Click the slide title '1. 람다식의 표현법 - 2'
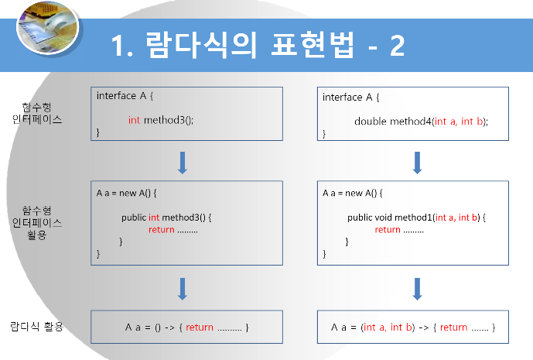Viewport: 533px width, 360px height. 258,46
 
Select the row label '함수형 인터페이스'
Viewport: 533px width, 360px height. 37,113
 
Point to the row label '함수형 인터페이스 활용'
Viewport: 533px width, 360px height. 38,221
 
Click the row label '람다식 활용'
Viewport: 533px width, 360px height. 36,326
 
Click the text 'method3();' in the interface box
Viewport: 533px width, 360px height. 168,120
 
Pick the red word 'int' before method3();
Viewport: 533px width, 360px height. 134,120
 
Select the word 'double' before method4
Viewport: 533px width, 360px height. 370,121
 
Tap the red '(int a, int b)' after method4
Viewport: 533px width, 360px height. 460,121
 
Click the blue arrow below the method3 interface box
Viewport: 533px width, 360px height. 183,163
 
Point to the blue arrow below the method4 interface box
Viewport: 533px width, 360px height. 417,163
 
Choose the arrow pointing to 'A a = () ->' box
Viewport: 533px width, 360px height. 183,288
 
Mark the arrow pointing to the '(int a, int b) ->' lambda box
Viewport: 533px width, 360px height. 417,288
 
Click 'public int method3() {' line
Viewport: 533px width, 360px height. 166,217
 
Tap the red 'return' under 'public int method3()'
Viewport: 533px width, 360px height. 161,229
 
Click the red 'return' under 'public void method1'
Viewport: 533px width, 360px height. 388,229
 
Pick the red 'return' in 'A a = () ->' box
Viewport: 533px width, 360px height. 200,327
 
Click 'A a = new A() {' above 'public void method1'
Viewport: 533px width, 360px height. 353,191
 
